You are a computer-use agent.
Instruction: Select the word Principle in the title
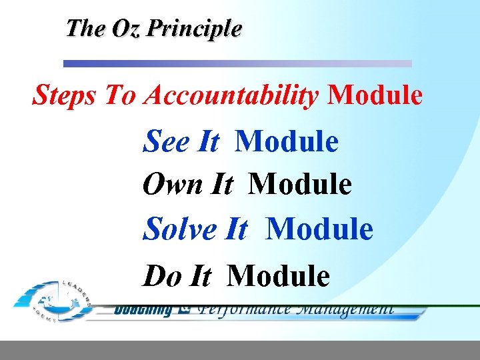(x=195, y=29)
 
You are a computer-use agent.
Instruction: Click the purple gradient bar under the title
(x=237, y=64)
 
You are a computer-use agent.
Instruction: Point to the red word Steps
(x=65, y=96)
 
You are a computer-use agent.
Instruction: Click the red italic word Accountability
(x=231, y=96)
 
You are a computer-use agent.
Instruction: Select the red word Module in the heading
(x=375, y=96)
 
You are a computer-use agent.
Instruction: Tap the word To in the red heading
(x=120, y=96)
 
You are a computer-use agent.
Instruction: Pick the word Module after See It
(x=287, y=141)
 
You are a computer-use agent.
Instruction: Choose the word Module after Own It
(x=300, y=185)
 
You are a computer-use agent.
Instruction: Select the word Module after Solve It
(x=319, y=229)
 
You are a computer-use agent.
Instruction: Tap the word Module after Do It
(x=279, y=275)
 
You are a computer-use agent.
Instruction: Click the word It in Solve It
(x=237, y=229)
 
